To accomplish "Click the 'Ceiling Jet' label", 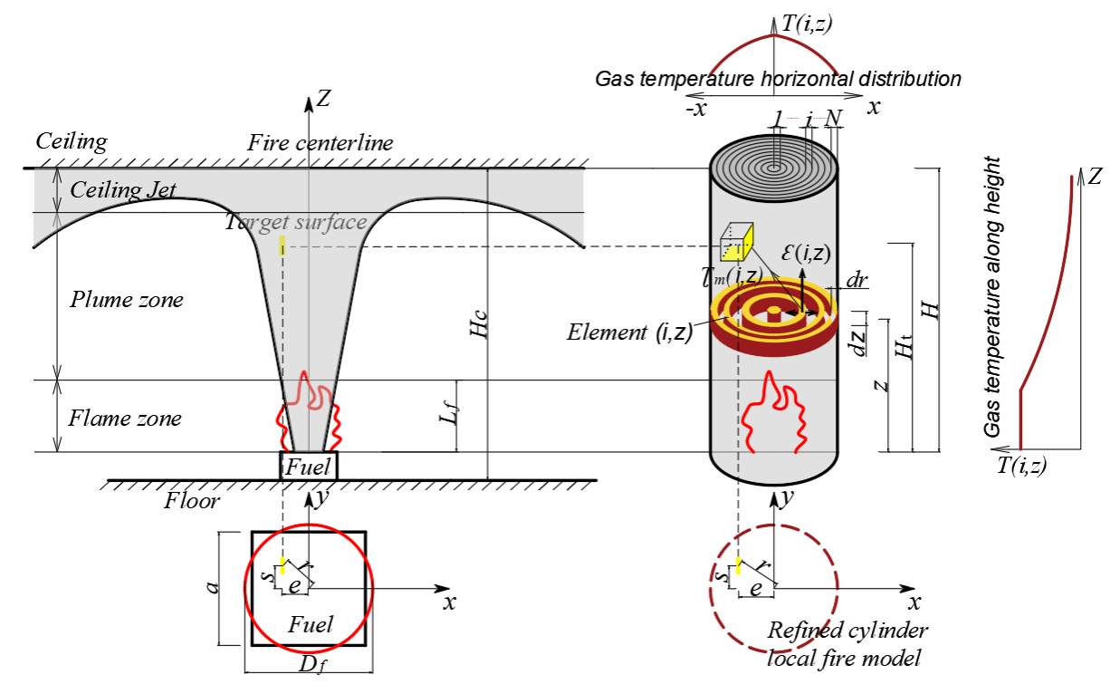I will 123,190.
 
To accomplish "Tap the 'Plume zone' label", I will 127,299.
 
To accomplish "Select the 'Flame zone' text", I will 126,419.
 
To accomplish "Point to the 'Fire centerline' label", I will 321,143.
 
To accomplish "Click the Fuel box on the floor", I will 309,467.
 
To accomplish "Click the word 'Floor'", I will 192,499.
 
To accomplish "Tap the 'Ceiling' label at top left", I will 71,141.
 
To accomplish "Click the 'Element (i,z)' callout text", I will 630,332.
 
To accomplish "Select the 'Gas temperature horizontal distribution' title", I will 778,79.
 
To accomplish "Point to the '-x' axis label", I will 697,106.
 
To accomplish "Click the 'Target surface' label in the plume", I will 296,222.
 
